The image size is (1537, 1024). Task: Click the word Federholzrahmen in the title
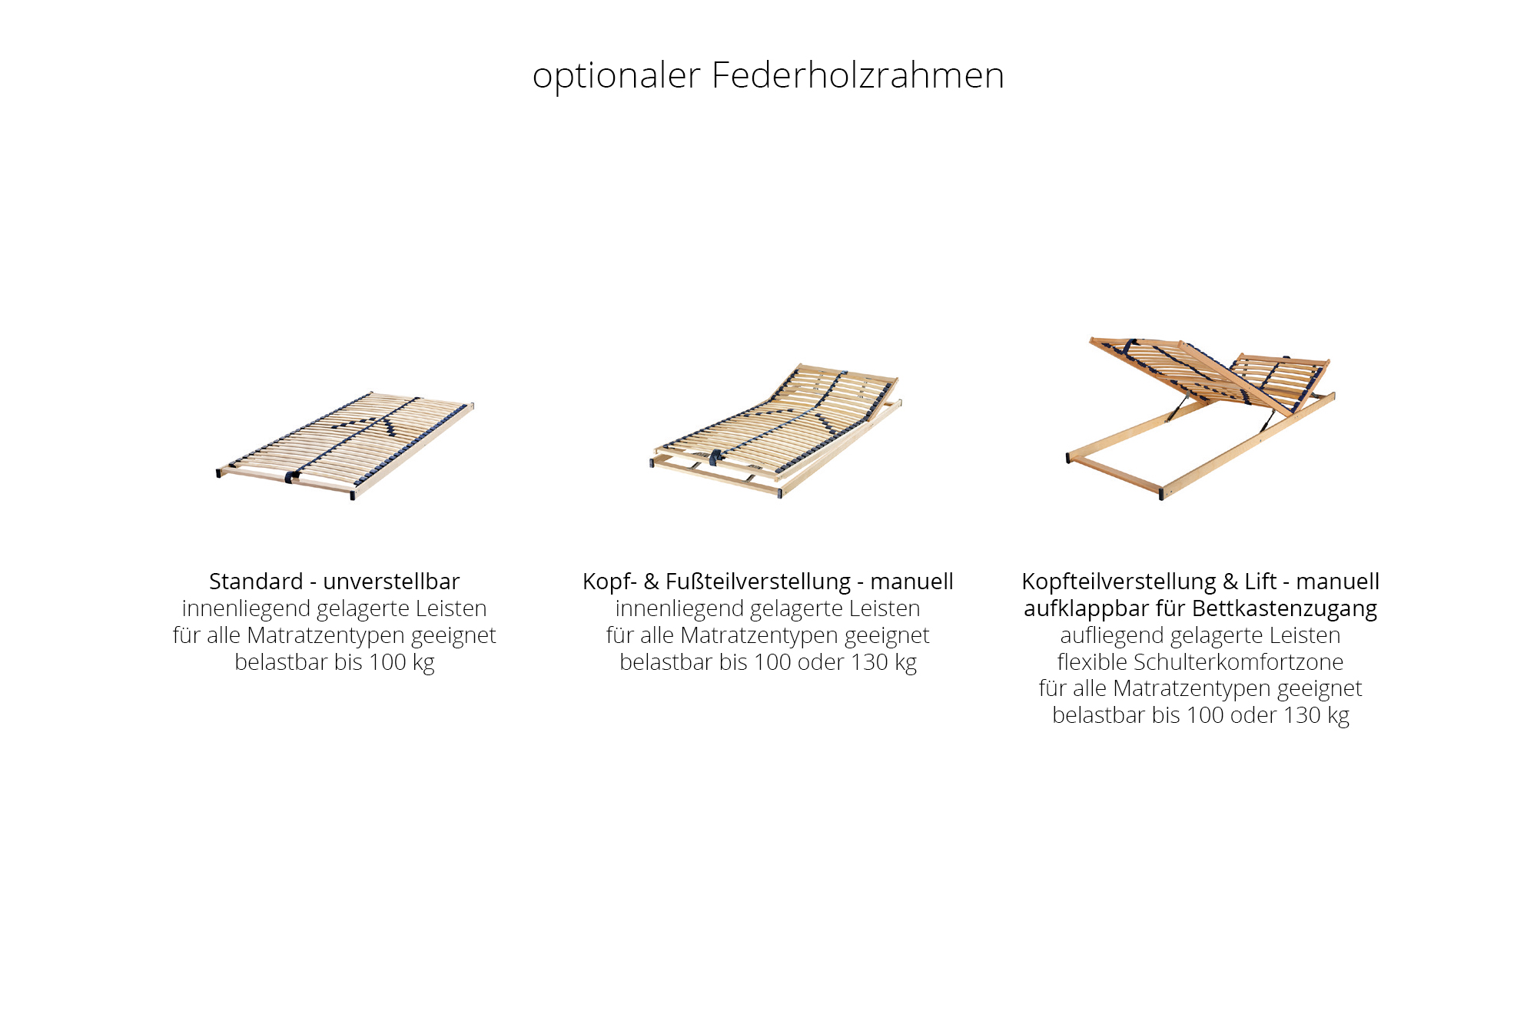click(x=858, y=75)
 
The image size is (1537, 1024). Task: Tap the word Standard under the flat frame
click(x=256, y=582)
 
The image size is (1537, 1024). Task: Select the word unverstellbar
click(x=391, y=582)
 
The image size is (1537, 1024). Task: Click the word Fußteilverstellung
click(x=759, y=582)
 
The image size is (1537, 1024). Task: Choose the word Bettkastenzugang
click(x=1285, y=608)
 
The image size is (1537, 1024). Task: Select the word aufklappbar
click(x=1086, y=608)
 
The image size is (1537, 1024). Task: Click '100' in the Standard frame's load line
click(x=387, y=662)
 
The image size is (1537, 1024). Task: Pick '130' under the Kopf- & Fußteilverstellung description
click(x=869, y=662)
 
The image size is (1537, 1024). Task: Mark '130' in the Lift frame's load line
click(x=1302, y=715)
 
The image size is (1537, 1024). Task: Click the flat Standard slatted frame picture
click(x=345, y=445)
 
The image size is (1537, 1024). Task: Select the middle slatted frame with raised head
click(x=776, y=430)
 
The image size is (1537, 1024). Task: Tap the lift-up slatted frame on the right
click(x=1200, y=418)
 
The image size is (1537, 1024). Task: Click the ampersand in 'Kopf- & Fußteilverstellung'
click(x=651, y=582)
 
